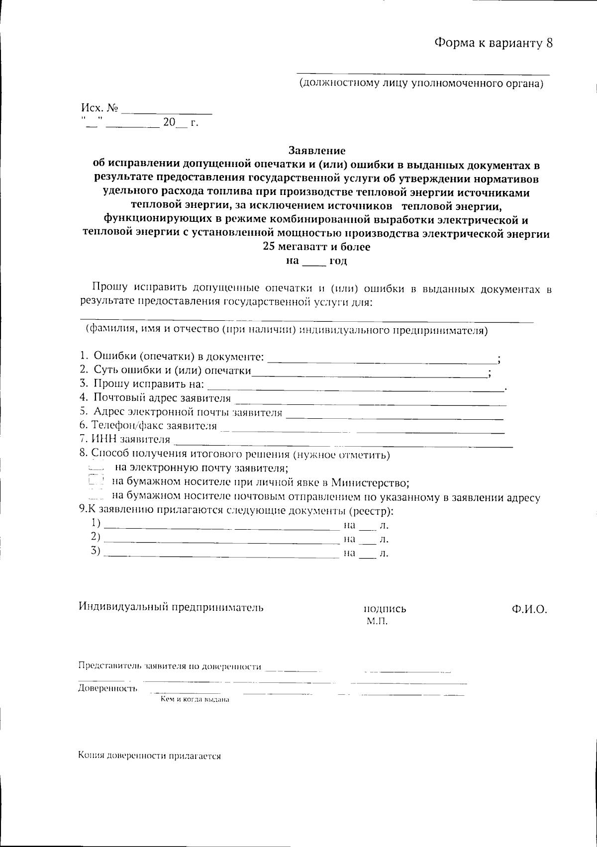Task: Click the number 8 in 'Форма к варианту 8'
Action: click(x=549, y=43)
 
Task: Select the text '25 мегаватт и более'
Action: click(x=317, y=247)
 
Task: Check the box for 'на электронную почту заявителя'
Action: click(x=95, y=468)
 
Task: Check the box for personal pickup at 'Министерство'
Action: click(x=96, y=481)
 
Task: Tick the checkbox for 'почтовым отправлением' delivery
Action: click(x=96, y=496)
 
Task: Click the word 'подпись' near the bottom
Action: click(x=385, y=609)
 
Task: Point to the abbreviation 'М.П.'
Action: click(x=377, y=621)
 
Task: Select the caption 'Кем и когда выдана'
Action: click(x=195, y=699)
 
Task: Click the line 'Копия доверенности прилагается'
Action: click(x=149, y=755)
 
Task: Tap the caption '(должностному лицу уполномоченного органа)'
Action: click(x=421, y=84)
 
